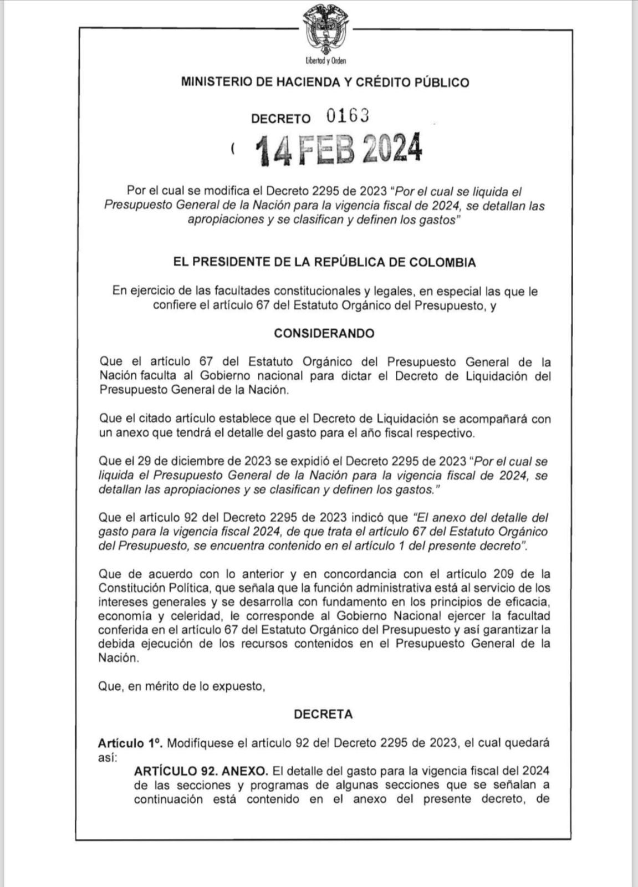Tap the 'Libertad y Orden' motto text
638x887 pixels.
point(325,61)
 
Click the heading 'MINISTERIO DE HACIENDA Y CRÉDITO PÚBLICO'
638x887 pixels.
point(325,83)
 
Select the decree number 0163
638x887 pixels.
point(348,116)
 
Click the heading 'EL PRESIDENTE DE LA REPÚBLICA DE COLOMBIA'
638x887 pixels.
point(325,262)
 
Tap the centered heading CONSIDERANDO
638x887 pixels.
point(324,333)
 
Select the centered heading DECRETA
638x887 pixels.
point(323,714)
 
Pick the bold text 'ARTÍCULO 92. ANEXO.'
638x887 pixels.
point(201,771)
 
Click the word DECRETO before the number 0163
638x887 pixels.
point(281,119)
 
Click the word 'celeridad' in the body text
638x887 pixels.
point(188,616)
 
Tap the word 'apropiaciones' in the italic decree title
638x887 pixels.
point(224,220)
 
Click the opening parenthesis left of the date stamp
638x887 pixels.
point(233,149)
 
